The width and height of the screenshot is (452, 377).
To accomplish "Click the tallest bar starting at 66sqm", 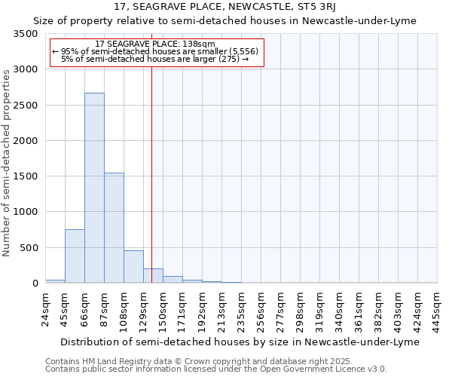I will tap(94, 188).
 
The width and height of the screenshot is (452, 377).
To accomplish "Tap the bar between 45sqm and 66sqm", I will tap(75, 256).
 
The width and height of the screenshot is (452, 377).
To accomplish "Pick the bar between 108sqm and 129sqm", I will tap(133, 267).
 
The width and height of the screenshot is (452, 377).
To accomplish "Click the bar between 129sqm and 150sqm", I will tap(153, 276).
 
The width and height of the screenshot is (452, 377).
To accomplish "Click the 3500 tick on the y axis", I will tap(25, 34).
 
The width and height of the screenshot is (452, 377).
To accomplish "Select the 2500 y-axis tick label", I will tap(25, 106).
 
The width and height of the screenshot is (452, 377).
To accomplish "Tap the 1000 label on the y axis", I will tap(25, 212).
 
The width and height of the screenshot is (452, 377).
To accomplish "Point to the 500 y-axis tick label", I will tap(28, 248).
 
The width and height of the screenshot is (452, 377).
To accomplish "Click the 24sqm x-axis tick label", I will tap(49, 308).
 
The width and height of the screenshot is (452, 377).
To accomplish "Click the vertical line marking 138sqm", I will tap(151, 151).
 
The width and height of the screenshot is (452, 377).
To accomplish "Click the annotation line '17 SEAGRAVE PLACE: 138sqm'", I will tap(157, 44).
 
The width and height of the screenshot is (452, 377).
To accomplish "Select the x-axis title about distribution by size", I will tap(238, 342).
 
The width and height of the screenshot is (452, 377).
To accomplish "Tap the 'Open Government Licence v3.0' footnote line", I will tap(216, 369).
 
